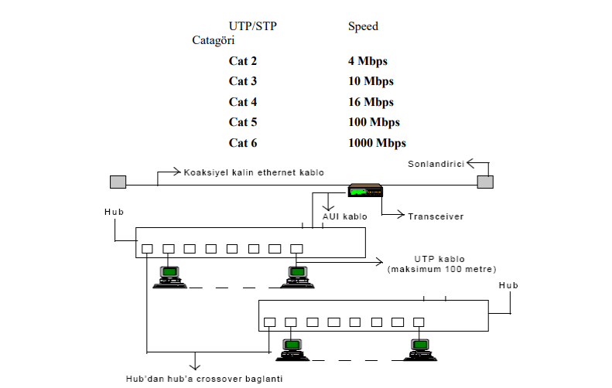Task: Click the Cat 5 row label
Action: tap(243, 122)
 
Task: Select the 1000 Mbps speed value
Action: tap(377, 143)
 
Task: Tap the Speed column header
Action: tap(363, 26)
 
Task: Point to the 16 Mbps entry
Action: tap(371, 102)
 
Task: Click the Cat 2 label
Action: tap(243, 61)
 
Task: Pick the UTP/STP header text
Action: tap(253, 26)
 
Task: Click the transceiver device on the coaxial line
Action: tap(365, 190)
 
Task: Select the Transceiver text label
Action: tap(436, 216)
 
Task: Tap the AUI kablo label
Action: tap(344, 216)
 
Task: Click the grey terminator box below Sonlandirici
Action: tap(485, 182)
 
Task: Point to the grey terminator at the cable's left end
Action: tap(118, 182)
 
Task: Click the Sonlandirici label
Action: tap(436, 164)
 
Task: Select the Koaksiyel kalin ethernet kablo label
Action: tap(254, 172)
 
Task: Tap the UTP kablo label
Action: tap(439, 259)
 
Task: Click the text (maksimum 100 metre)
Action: tap(442, 269)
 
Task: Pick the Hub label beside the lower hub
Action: tap(508, 285)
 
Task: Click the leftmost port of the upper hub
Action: tap(147, 249)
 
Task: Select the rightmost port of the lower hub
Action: tap(419, 322)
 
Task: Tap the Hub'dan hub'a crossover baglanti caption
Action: tap(204, 379)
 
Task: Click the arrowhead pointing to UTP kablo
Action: tap(379, 262)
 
